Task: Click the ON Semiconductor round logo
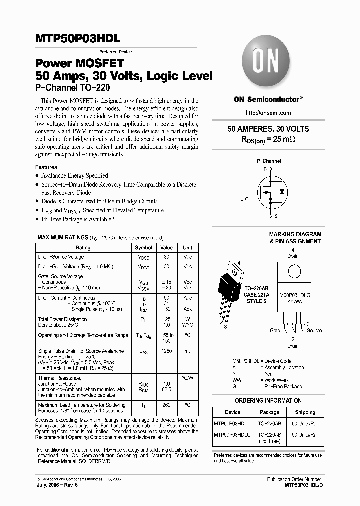point(267,64)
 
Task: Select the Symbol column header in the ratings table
point(144,248)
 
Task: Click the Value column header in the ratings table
point(167,248)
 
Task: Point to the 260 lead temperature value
point(167,405)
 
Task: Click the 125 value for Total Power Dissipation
point(167,319)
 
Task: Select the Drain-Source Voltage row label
point(61,257)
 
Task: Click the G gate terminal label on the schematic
point(242,199)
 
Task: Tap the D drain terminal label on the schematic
point(265,169)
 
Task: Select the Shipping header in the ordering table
point(305,413)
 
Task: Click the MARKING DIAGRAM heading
point(295,234)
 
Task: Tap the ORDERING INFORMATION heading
point(268,401)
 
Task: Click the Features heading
point(46,167)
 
